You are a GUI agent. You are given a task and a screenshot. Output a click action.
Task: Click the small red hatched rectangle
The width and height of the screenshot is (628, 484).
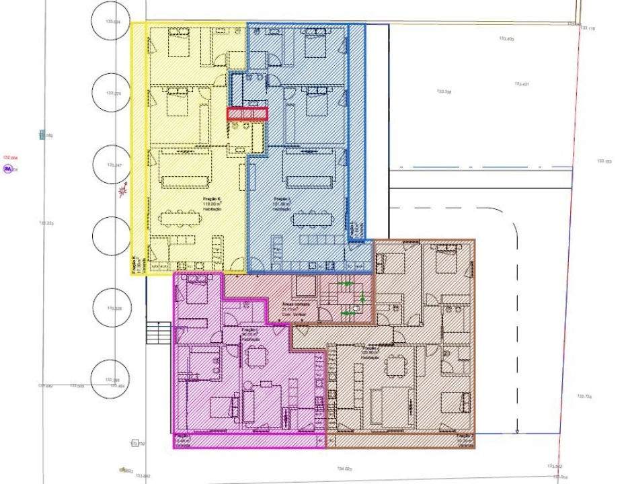(x=247, y=114)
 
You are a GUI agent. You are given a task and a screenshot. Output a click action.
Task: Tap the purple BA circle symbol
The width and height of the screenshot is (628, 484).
(x=8, y=169)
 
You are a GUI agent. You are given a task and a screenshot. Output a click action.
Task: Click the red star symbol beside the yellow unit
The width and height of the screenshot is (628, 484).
(x=122, y=193)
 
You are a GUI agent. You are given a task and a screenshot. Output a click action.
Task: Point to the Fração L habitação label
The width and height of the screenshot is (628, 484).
(x=282, y=204)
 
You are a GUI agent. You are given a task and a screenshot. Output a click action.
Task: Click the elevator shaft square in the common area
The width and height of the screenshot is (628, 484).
(x=305, y=287)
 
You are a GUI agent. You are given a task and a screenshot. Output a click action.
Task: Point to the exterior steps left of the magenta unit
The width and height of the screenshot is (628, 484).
(x=159, y=333)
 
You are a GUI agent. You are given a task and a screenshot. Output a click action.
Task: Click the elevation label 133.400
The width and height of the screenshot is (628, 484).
(x=506, y=39)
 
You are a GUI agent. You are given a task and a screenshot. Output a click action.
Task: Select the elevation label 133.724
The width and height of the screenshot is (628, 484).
(x=584, y=397)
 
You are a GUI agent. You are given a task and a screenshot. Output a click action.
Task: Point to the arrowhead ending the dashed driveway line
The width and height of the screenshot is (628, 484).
(x=516, y=430)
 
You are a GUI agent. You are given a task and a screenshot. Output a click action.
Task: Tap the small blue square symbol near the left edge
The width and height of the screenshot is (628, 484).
(x=42, y=135)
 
